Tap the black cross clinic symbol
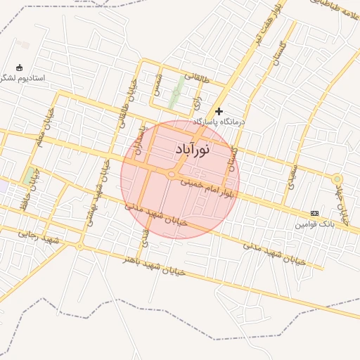coord(219,111)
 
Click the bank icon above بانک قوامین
coord(314,213)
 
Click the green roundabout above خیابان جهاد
coord(337,179)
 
